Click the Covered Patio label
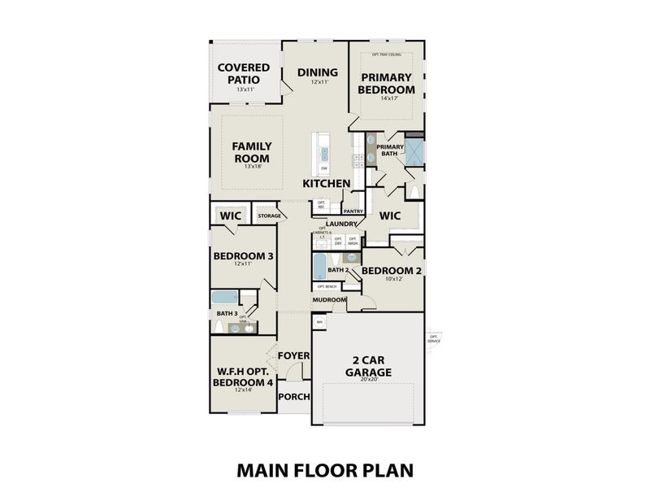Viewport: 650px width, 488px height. coord(238,72)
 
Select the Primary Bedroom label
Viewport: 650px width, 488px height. coord(386,83)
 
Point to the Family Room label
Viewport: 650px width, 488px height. coord(251,152)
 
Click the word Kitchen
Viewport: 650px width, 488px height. coord(327,184)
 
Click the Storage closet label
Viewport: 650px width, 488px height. coord(269,216)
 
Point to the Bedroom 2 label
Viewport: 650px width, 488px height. coord(392,270)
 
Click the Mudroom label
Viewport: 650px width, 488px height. coord(329,300)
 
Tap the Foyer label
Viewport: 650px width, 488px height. coord(293,355)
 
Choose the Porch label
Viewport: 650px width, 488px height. coord(293,397)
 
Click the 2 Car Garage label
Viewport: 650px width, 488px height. coord(368,366)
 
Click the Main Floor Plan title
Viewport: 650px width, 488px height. coord(325,469)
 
